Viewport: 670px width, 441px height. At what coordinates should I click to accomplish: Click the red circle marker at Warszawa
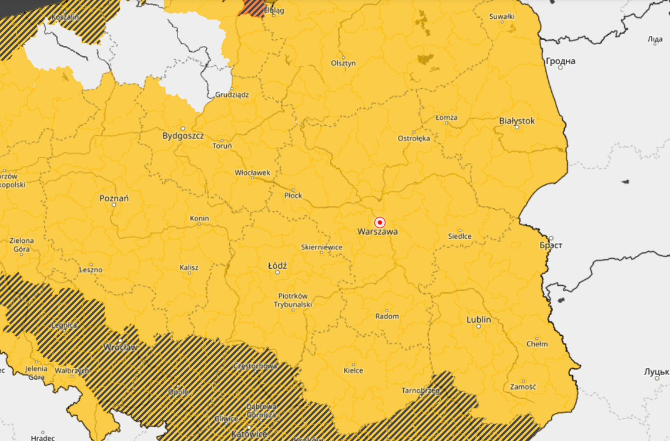[380, 222]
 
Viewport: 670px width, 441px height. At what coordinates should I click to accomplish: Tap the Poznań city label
[114, 199]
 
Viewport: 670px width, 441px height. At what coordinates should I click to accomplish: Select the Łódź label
[277, 266]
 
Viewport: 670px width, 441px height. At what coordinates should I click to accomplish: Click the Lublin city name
[478, 320]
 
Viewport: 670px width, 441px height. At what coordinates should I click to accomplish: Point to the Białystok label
[517, 121]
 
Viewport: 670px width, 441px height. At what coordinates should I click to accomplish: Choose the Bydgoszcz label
[183, 136]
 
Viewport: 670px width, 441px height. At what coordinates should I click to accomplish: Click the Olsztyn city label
[343, 63]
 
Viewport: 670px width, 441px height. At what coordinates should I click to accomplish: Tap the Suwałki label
[502, 16]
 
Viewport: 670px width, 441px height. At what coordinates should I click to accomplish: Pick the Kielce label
[353, 370]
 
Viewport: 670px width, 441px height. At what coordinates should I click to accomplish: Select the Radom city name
[387, 316]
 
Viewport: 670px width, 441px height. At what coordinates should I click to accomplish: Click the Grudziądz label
[232, 94]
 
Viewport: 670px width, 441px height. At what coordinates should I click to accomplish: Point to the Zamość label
[522, 386]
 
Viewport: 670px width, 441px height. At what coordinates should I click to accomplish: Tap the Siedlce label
[460, 236]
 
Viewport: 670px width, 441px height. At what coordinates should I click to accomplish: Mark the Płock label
[293, 195]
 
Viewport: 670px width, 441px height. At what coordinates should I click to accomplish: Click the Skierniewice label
[321, 248]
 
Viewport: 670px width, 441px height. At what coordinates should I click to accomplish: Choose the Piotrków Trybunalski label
[293, 300]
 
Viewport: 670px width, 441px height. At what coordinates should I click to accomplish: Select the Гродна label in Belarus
[560, 61]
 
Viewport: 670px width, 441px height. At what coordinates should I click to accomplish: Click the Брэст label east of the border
[551, 245]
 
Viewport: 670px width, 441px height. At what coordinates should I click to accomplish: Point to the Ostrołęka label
[414, 138]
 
